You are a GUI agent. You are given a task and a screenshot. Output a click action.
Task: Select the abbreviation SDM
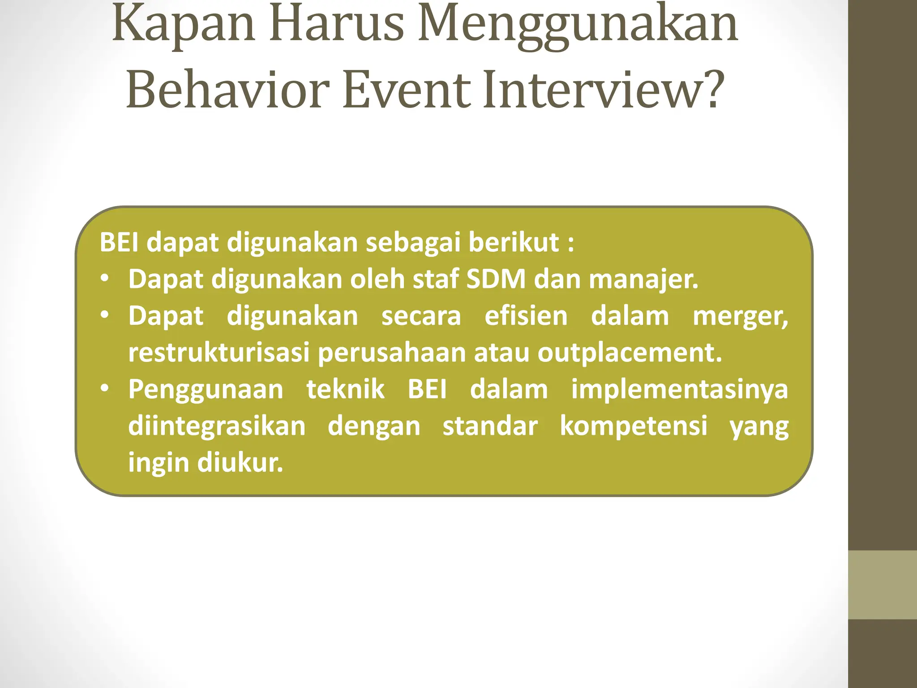(496, 279)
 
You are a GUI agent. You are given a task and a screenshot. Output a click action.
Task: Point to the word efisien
(526, 316)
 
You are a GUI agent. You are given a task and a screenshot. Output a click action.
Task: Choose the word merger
(740, 317)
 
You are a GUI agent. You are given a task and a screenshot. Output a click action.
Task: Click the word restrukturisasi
(219, 353)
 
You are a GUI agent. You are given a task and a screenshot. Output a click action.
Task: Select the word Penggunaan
(206, 390)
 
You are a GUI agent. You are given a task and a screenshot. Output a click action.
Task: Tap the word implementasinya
(679, 390)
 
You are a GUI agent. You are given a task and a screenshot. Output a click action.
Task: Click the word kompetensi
(634, 426)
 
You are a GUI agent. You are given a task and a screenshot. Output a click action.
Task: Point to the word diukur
(240, 462)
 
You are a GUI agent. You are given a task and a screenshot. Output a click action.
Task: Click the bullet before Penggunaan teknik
(105, 389)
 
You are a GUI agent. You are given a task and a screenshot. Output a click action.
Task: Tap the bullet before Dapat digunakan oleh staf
(105, 279)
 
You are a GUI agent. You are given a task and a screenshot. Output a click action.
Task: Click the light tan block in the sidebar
(883, 585)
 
